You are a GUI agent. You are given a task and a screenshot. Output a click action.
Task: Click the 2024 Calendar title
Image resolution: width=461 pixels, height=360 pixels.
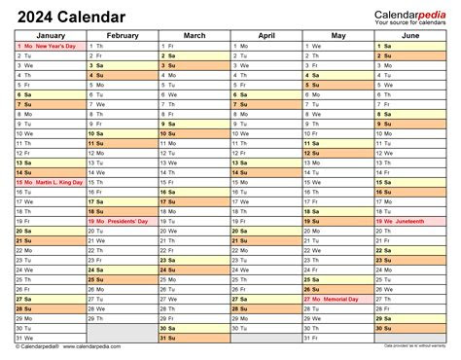69,17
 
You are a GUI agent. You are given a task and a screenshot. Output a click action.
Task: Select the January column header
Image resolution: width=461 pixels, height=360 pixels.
49,35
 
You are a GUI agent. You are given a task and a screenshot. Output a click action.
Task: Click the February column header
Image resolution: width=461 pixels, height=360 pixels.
122,35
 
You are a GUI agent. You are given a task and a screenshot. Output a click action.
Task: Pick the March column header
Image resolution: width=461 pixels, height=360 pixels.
194,35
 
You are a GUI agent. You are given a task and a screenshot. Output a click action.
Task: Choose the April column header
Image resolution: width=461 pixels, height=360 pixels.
266,35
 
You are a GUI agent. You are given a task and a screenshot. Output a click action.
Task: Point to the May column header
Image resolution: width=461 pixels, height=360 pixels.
337,35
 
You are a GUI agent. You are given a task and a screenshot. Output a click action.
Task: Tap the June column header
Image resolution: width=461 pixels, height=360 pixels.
409,35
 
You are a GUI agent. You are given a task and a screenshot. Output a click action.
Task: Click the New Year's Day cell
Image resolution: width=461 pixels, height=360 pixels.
49,46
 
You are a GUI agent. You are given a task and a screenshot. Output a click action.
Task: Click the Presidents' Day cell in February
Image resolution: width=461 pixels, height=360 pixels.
122,221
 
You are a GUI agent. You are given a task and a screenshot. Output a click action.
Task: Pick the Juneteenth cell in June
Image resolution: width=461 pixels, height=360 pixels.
409,221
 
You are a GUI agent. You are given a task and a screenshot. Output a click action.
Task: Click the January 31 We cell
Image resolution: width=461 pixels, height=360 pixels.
49,338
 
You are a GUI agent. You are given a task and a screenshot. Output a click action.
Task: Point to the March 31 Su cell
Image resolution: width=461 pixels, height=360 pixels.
194,338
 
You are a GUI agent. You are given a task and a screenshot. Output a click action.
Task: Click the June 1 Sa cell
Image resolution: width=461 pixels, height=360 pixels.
409,46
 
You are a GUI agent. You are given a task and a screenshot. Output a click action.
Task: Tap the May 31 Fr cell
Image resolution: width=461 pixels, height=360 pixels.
337,338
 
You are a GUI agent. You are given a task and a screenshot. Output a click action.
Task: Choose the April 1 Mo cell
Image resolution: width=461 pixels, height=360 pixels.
266,46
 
